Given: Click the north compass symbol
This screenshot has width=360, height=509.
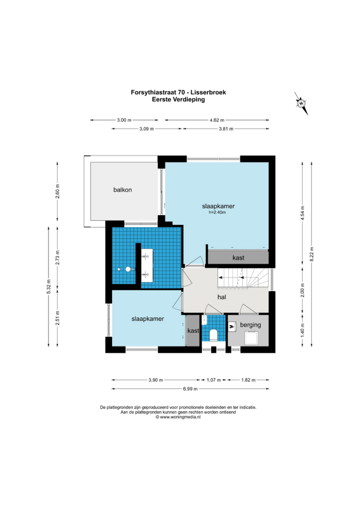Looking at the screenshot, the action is [301, 104].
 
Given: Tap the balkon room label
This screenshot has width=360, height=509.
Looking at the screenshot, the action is [122, 190].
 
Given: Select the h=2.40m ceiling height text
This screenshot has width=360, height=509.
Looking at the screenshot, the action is [217, 213].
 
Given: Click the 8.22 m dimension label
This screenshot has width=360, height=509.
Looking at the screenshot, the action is [311, 254].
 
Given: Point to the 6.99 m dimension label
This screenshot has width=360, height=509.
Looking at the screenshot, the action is [191, 388].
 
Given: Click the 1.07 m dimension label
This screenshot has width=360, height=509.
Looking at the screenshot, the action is [214, 380].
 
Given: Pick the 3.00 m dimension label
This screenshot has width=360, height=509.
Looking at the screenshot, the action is [124, 120].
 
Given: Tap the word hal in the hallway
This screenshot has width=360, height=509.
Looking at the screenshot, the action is [221, 297].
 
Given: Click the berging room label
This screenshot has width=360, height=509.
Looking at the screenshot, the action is [250, 325].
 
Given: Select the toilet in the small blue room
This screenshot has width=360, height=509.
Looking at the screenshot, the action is [213, 335].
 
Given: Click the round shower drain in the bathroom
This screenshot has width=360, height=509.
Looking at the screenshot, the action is [128, 269].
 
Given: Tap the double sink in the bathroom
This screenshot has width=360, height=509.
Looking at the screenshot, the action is [147, 265].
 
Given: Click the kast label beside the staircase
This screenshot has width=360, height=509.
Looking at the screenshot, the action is [238, 258].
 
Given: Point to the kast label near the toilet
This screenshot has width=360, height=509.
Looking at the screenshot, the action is [193, 331].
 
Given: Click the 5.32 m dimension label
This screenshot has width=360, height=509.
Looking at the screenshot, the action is [49, 287].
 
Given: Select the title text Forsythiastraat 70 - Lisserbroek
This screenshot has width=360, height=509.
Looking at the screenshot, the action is [179, 92].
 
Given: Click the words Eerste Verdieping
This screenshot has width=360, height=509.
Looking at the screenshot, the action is [179, 100].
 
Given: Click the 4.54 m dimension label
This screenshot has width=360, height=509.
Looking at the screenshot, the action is [303, 213].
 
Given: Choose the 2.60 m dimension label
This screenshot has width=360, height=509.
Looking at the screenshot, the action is [57, 191].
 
